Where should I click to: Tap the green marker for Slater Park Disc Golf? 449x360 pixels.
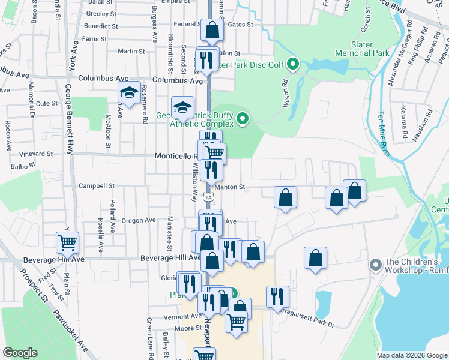click(293, 62)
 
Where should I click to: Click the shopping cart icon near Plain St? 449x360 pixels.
click(67, 243)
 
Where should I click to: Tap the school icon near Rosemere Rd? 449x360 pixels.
click(129, 93)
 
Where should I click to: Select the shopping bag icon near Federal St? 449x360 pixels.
click(212, 29)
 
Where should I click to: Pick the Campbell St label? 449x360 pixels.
click(95, 186)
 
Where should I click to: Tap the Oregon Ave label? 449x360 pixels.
click(139, 220)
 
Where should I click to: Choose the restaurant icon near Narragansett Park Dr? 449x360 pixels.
click(277, 296)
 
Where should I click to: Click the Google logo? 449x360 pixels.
click(21, 352)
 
